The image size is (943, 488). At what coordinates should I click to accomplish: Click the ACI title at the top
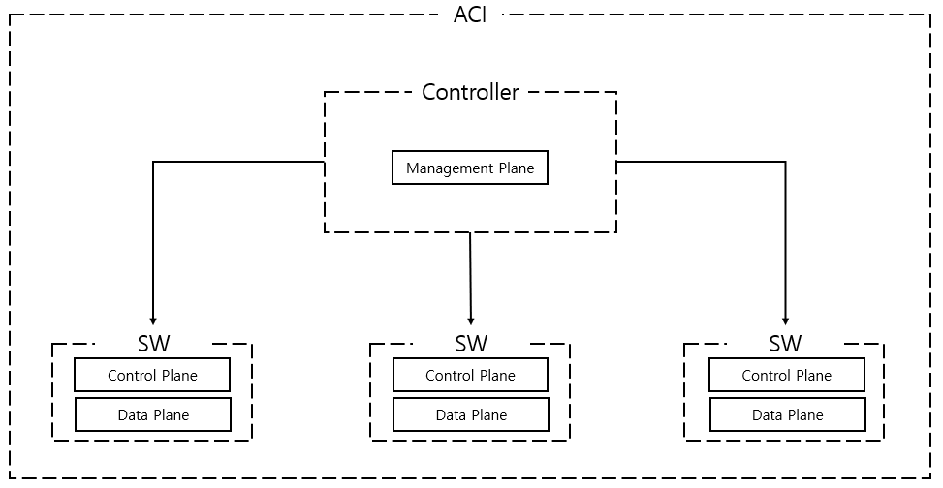pyautogui.click(x=470, y=15)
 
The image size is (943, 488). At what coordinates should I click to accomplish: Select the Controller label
pyautogui.click(x=470, y=93)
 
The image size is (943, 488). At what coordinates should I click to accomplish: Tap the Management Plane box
pyautogui.click(x=470, y=168)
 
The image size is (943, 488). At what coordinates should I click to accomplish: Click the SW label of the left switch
pyautogui.click(x=153, y=344)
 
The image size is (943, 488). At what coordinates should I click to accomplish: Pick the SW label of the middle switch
pyautogui.click(x=471, y=344)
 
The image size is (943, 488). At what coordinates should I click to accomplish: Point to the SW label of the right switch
pyautogui.click(x=785, y=344)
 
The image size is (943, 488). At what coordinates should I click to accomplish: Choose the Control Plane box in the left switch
pyautogui.click(x=152, y=376)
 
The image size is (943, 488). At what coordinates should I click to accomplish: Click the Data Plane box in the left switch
pyautogui.click(x=152, y=415)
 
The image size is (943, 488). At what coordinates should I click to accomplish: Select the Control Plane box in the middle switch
pyautogui.click(x=470, y=376)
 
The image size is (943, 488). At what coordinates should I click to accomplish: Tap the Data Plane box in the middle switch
pyautogui.click(x=470, y=415)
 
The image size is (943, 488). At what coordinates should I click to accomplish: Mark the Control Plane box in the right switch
pyautogui.click(x=786, y=376)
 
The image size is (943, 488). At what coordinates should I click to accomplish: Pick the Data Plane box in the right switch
pyautogui.click(x=786, y=415)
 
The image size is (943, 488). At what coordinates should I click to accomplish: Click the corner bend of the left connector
pyautogui.click(x=153, y=163)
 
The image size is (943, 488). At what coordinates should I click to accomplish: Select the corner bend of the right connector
pyautogui.click(x=785, y=163)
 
